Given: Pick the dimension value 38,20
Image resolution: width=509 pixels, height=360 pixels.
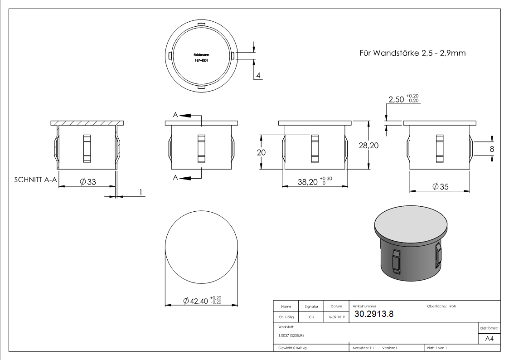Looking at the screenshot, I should pyautogui.click(x=308, y=182).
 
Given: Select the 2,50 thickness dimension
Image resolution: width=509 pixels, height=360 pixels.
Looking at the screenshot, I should pyautogui.click(x=396, y=99).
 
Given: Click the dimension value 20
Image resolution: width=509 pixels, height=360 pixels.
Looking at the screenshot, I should pyautogui.click(x=261, y=153).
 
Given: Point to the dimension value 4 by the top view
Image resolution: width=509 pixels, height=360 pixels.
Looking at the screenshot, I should pyautogui.click(x=258, y=76).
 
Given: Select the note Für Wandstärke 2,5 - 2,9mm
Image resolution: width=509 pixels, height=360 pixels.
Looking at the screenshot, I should pyautogui.click(x=412, y=53).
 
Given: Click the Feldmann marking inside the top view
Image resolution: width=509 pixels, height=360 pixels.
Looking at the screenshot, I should pyautogui.click(x=201, y=54).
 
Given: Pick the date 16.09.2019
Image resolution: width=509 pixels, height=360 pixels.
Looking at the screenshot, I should pyautogui.click(x=336, y=317).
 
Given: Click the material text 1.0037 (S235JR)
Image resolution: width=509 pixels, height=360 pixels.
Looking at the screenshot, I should pyautogui.click(x=291, y=335).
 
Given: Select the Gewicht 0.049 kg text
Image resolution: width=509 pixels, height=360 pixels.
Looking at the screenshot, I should pyautogui.click(x=292, y=348).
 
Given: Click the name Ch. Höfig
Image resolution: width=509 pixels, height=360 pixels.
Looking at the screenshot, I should pyautogui.click(x=286, y=317).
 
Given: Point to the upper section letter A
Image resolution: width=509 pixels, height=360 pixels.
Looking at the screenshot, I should pyautogui.click(x=175, y=116).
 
